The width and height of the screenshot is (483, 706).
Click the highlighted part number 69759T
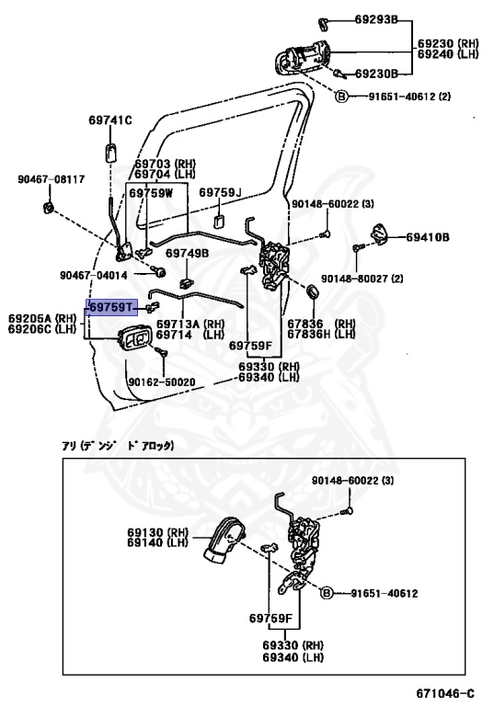click(111, 307)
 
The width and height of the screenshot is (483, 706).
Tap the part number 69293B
click(375, 19)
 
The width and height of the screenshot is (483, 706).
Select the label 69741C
click(109, 120)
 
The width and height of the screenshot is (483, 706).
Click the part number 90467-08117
click(52, 179)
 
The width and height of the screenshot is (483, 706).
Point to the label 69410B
click(428, 237)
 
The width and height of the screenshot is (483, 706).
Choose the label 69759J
click(220, 193)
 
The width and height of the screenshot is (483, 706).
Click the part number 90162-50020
click(162, 382)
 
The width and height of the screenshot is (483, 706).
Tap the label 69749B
click(187, 253)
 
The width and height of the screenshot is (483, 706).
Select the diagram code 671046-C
click(445, 693)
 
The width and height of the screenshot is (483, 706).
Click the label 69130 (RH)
click(157, 532)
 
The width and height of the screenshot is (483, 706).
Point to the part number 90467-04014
click(94, 275)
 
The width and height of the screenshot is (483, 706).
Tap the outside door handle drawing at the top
click(302, 57)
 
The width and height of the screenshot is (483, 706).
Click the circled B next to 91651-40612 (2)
click(342, 96)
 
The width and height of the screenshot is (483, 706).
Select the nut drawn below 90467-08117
click(48, 208)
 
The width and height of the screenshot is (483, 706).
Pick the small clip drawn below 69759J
click(220, 222)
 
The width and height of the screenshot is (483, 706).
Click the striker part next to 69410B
click(378, 233)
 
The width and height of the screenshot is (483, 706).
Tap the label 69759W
click(151, 193)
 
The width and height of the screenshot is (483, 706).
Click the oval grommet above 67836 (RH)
click(312, 290)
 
